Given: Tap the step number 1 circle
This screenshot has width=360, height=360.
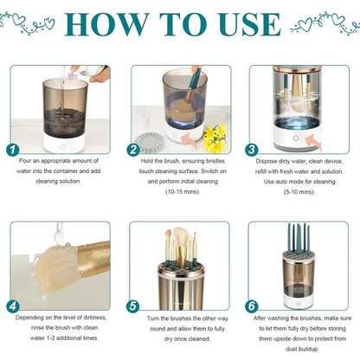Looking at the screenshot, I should click(12, 149).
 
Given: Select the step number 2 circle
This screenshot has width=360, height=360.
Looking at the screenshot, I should click(133, 149).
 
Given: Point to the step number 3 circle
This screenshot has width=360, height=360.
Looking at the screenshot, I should click(252, 149).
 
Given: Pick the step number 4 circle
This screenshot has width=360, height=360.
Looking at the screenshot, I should click(12, 305).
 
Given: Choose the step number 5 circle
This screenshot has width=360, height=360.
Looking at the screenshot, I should click(132, 305).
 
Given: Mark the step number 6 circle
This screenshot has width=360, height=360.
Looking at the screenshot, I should click(252, 305).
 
